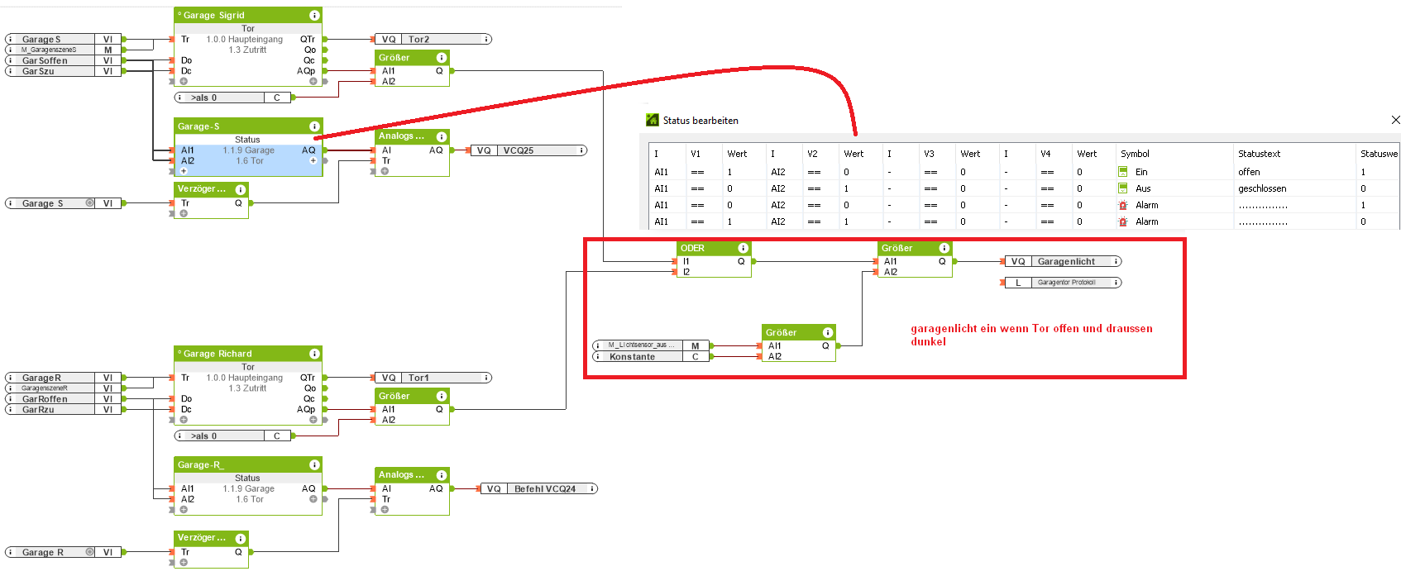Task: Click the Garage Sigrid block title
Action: coord(214,15)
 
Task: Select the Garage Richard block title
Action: coord(218,354)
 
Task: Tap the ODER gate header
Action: coord(693,248)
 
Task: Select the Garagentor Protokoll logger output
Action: coord(1066,283)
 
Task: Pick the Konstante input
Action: coord(633,357)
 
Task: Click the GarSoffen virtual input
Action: coord(45,60)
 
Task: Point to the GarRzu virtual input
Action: coord(39,410)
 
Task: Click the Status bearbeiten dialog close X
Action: coord(1395,120)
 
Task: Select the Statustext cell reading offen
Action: coord(1249,172)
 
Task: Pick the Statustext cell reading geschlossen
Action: coord(1262,188)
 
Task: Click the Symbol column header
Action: coord(1135,154)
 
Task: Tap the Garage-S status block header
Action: coord(198,126)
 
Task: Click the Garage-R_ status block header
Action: coord(201,464)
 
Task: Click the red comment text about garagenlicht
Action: coord(1030,335)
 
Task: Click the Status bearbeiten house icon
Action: coord(652,120)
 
